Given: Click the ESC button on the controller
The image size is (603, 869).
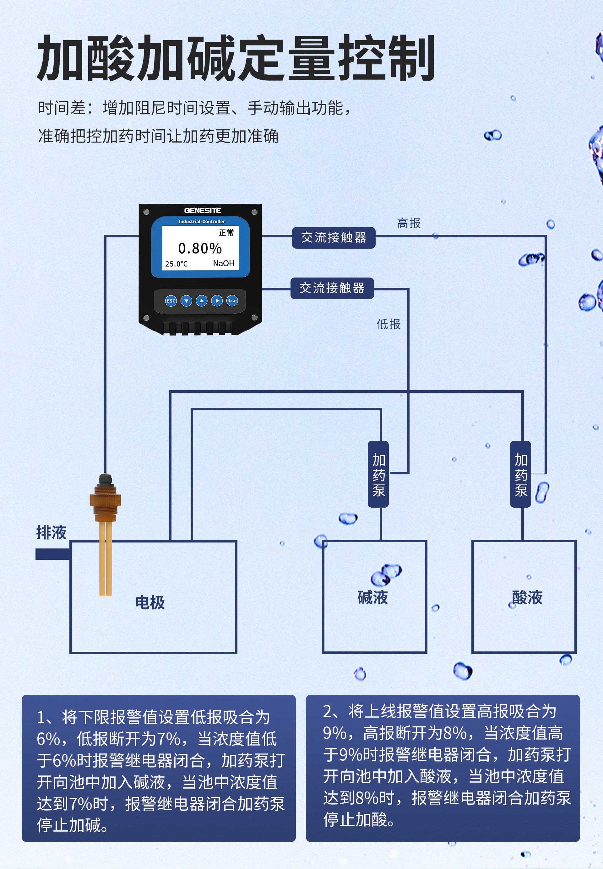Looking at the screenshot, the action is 171,301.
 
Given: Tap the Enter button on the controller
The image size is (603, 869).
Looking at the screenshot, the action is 232,301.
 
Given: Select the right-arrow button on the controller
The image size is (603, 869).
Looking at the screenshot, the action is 217,301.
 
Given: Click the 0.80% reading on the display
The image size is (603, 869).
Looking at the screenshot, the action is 200,248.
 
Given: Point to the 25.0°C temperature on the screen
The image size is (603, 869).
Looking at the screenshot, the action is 176,264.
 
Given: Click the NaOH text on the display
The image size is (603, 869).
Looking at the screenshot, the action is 224,263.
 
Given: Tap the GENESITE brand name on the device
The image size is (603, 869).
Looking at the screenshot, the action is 203,211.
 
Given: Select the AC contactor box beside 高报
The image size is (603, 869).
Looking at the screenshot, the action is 334,238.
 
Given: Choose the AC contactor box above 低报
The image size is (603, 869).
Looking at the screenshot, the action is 332,288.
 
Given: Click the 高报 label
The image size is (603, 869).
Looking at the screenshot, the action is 409,223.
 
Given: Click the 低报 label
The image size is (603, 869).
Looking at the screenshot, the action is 388,324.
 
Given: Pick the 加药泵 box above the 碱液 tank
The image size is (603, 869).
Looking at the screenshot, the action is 378,474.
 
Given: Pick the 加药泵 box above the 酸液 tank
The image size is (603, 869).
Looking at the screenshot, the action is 521,474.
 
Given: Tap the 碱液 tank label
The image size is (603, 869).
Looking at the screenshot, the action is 373,597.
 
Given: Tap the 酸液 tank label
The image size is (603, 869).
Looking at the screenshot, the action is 527,597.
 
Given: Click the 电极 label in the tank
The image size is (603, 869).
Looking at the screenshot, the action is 150,602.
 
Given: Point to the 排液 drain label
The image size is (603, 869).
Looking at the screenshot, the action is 52,532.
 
